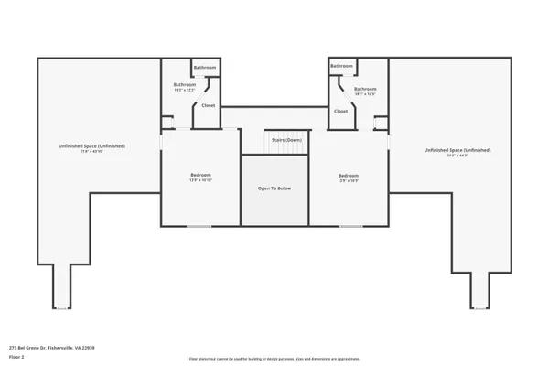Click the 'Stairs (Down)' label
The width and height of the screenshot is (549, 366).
pyautogui.click(x=287, y=140)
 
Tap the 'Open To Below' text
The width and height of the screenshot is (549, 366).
pyautogui.click(x=274, y=188)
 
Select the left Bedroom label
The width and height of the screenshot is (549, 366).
pyautogui.click(x=200, y=175)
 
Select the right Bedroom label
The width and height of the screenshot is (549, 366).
pyautogui.click(x=349, y=175)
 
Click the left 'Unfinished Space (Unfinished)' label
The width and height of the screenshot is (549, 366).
pyautogui.click(x=92, y=146)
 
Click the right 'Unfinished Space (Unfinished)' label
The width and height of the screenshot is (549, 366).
pyautogui.click(x=457, y=150)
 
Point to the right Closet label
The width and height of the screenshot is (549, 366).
pyautogui.click(x=340, y=111)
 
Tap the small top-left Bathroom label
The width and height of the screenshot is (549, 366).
pyautogui.click(x=205, y=68)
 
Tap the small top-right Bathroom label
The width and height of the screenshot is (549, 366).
pyautogui.click(x=342, y=66)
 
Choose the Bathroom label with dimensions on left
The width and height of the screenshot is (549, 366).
pyautogui.click(x=185, y=85)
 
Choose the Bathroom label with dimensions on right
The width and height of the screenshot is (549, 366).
pyautogui.click(x=366, y=89)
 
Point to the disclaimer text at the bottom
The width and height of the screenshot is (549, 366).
pyautogui.click(x=274, y=360)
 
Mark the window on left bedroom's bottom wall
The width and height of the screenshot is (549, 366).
pyautogui.click(x=199, y=226)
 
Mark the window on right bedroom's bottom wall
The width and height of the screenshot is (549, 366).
pyautogui.click(x=350, y=226)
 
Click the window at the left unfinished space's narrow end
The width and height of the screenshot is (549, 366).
pyautogui.click(x=60, y=308)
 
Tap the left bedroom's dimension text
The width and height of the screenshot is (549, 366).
pyautogui.click(x=200, y=180)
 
